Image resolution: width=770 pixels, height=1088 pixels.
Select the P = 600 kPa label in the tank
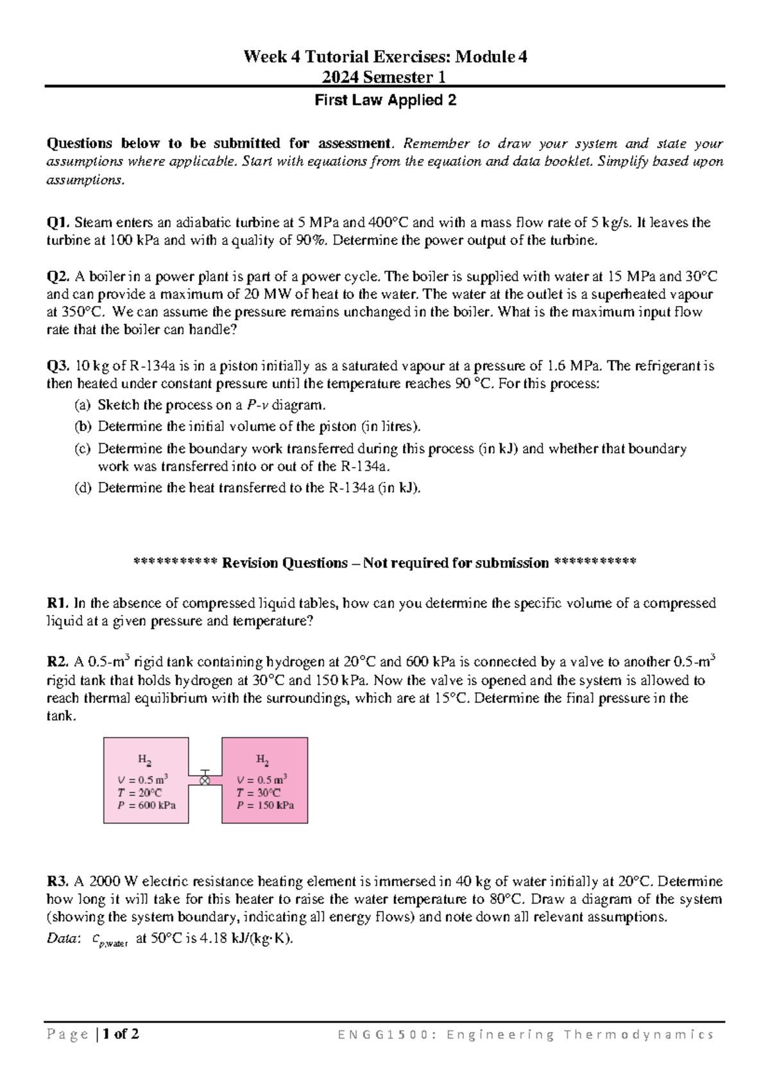tap(147, 806)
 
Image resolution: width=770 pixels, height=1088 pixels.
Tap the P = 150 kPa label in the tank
tap(265, 806)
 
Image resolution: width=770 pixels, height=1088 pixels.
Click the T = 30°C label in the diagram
tap(258, 793)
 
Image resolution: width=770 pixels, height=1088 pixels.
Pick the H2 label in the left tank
tap(145, 760)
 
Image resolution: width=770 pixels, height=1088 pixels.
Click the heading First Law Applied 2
tap(385, 101)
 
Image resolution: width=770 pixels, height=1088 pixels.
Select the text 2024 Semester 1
tap(385, 78)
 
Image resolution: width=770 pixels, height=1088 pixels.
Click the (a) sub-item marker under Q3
tap(82, 405)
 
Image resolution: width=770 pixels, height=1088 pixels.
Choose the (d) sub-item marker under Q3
tap(82, 488)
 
